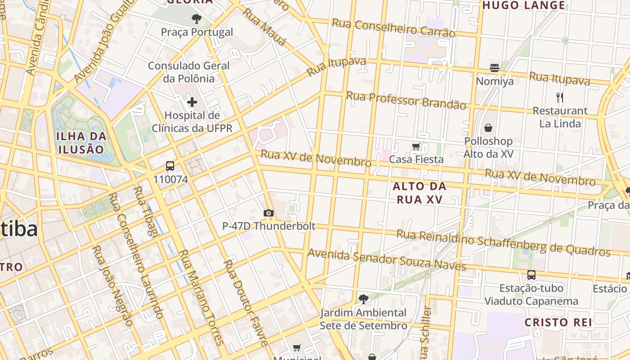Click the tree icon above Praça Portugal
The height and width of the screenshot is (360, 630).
click(x=197, y=19)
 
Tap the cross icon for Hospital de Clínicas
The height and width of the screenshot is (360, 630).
click(x=192, y=102)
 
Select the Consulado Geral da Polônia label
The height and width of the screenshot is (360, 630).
click(x=189, y=72)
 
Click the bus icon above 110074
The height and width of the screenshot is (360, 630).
click(x=170, y=166)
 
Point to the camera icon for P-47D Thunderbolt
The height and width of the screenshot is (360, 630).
click(x=269, y=213)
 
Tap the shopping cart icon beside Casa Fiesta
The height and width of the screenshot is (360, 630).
click(x=416, y=146)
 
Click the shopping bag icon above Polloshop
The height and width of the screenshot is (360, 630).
click(x=488, y=128)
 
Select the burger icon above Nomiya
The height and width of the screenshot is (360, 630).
click(x=495, y=68)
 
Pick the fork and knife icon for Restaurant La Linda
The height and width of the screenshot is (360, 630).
click(x=560, y=97)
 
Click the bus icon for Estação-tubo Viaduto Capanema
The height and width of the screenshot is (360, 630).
click(x=531, y=275)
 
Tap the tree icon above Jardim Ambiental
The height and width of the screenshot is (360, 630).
click(x=363, y=299)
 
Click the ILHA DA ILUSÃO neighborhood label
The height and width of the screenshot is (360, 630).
click(x=81, y=143)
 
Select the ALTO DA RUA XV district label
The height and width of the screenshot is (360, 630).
click(x=419, y=193)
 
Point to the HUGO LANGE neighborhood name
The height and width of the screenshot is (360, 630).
click(x=524, y=5)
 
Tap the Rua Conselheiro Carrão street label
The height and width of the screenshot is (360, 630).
click(x=393, y=28)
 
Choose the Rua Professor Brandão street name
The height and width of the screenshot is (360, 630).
click(x=406, y=100)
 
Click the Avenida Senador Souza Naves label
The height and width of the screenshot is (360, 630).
click(x=387, y=260)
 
